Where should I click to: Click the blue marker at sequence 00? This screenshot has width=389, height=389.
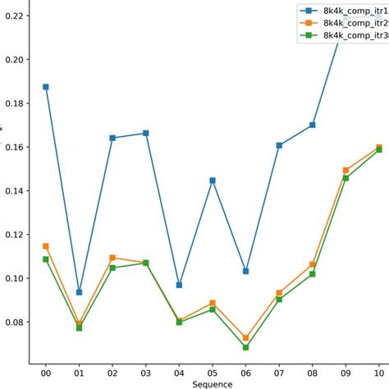(46, 86)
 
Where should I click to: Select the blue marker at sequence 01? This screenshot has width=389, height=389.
(80, 292)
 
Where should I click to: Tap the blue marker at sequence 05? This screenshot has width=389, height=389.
(213, 180)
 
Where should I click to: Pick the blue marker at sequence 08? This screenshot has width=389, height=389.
(313, 125)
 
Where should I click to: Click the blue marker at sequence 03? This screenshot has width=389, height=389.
(146, 133)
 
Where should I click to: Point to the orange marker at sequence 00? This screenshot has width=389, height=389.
(46, 246)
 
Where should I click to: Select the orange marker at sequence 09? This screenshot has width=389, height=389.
(346, 170)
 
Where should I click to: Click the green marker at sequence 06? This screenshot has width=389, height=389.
(246, 347)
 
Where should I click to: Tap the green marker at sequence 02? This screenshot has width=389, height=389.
(112, 268)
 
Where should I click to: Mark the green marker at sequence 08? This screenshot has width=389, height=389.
(313, 274)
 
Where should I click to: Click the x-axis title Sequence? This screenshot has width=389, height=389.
(212, 383)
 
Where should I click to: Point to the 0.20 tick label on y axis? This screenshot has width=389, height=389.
(13, 60)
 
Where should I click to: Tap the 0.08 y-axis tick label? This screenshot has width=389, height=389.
(13, 322)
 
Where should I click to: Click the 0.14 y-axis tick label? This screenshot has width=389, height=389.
(13, 190)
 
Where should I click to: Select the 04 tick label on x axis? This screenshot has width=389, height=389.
(179, 371)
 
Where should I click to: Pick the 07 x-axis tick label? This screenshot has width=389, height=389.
(279, 371)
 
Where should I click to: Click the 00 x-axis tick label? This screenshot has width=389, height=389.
(46, 371)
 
